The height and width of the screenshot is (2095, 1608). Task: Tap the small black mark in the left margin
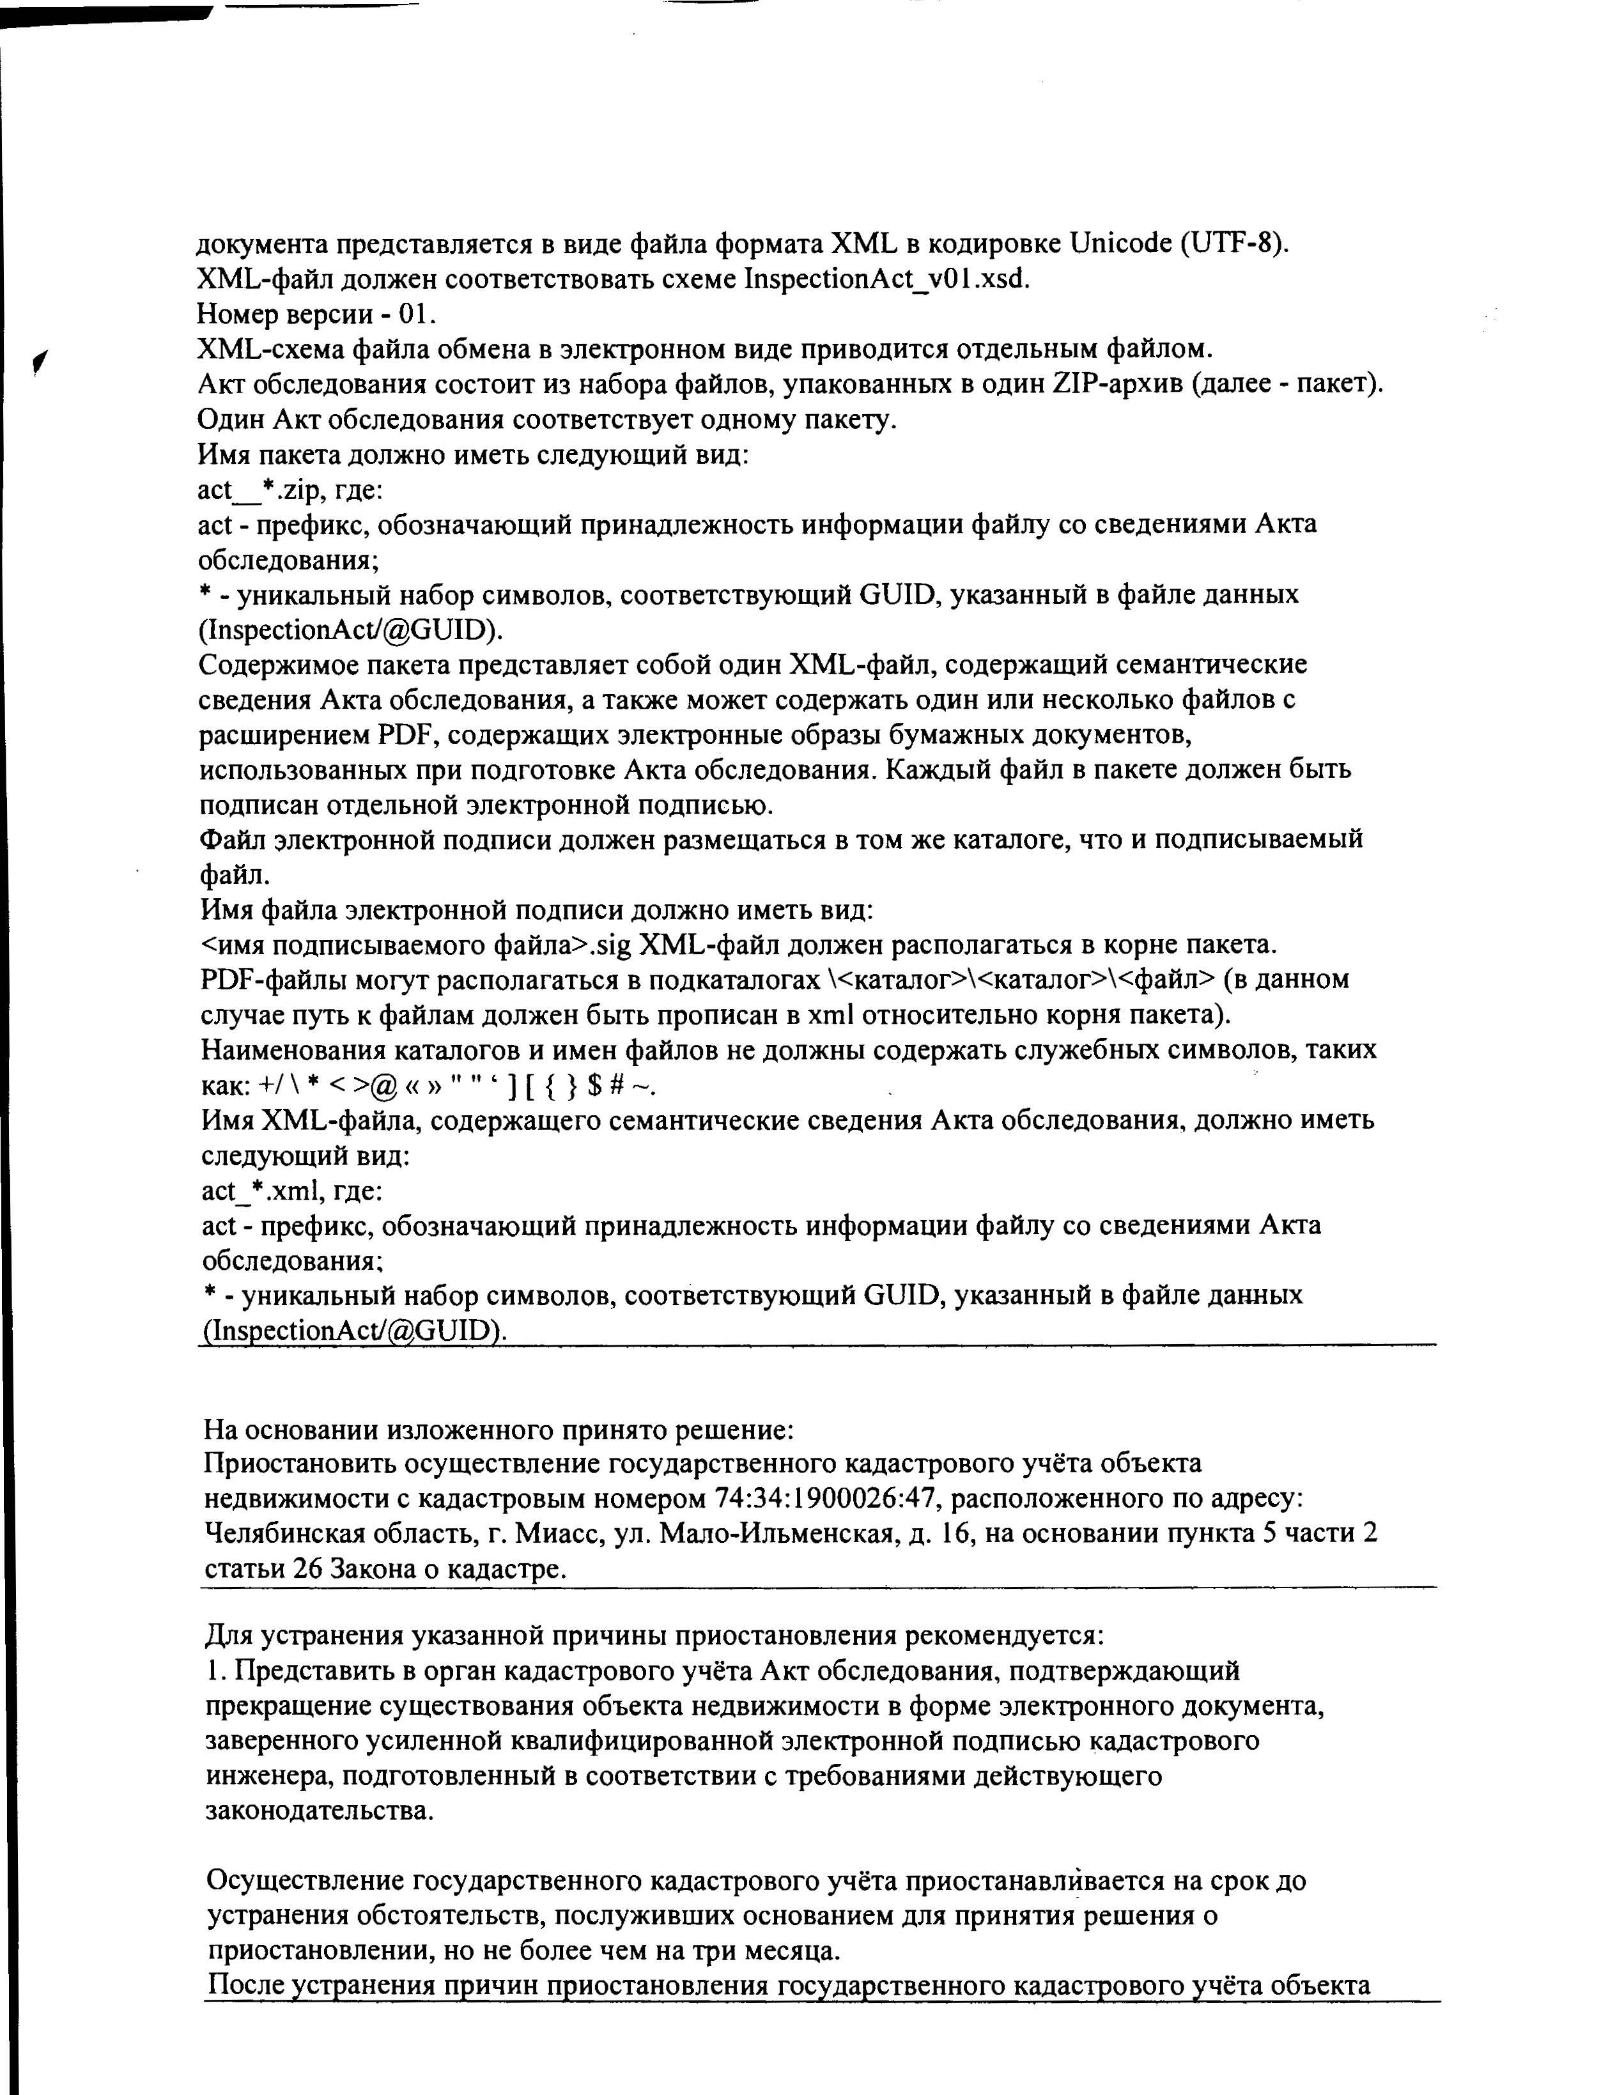coord(38,361)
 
